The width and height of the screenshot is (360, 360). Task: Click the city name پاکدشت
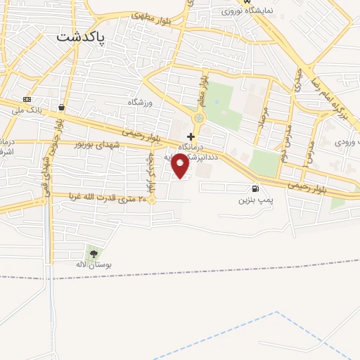tap(81, 36)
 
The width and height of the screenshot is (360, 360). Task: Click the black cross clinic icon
tap(191, 136)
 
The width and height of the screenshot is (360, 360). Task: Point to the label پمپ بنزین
tap(254, 200)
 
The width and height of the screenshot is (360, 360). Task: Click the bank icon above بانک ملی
tap(27, 99)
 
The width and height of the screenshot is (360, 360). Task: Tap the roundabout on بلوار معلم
tap(199, 118)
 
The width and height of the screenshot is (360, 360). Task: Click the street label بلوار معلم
tap(205, 88)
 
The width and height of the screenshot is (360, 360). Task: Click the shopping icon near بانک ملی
tap(62, 108)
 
